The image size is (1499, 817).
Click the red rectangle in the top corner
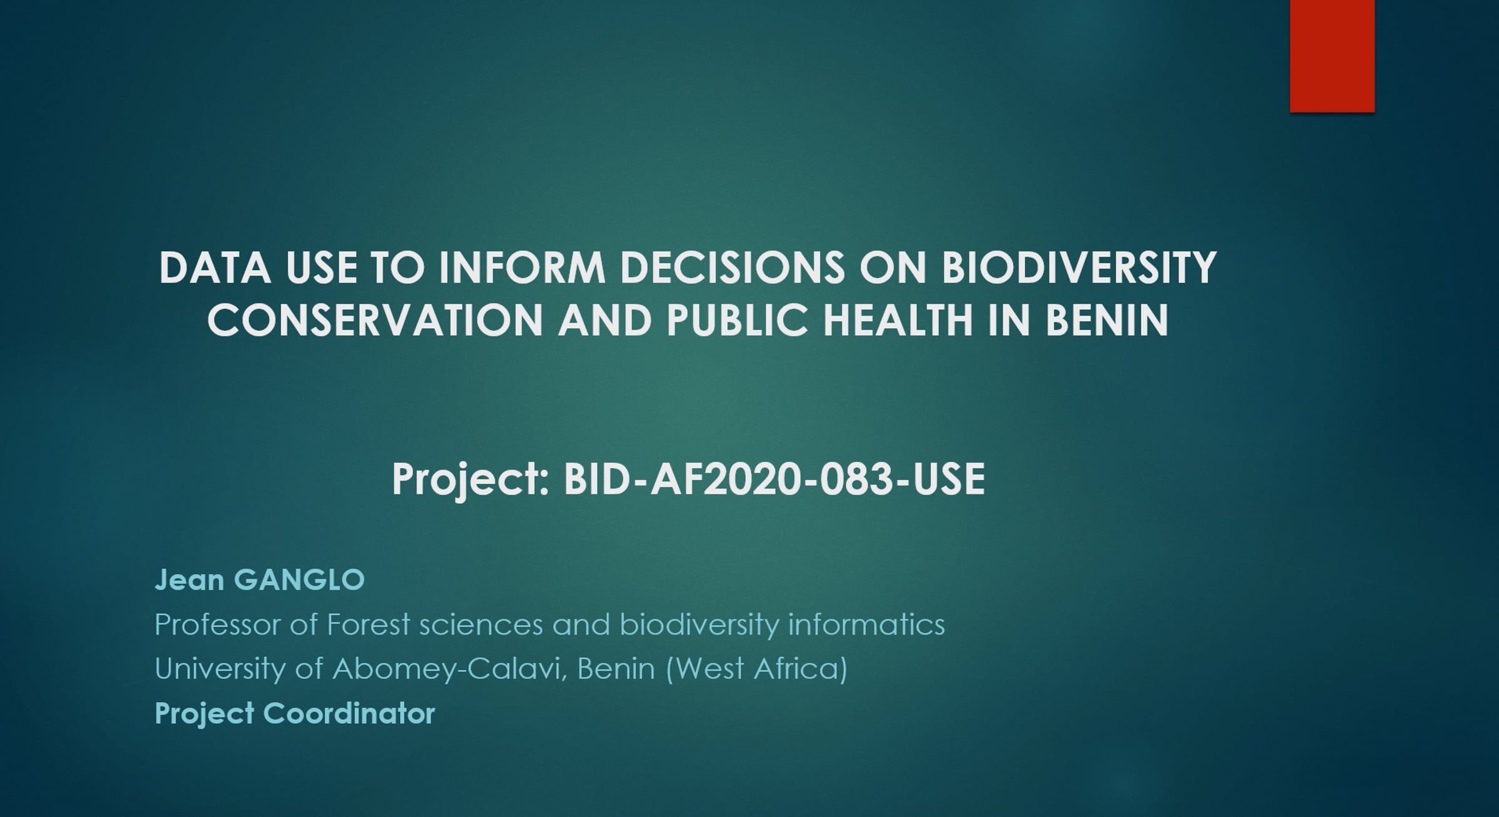click(x=1332, y=56)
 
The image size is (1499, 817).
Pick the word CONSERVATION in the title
click(x=375, y=320)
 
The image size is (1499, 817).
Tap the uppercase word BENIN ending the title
click(x=1107, y=320)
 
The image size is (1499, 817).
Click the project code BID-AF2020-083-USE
click(x=774, y=479)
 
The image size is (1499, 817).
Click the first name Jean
click(x=189, y=579)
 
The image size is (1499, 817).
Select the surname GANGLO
click(x=299, y=579)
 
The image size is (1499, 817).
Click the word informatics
click(x=867, y=624)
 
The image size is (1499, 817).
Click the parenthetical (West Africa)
click(x=756, y=669)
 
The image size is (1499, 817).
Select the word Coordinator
click(x=349, y=713)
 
